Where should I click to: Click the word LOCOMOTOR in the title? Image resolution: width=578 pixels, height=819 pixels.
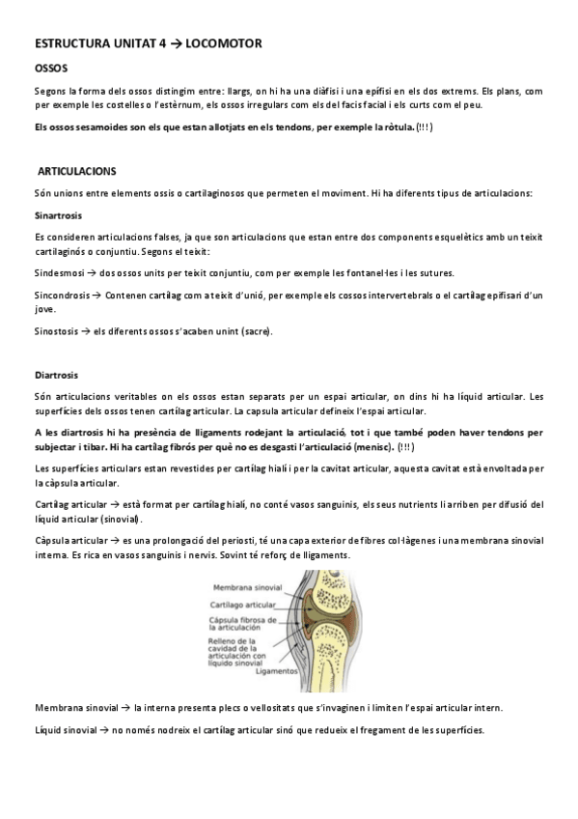coord(222,43)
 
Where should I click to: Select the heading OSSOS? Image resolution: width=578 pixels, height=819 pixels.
coord(50,69)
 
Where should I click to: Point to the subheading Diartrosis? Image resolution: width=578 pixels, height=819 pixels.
coord(56,374)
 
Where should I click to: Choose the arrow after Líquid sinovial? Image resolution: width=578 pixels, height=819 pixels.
coord(97,729)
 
